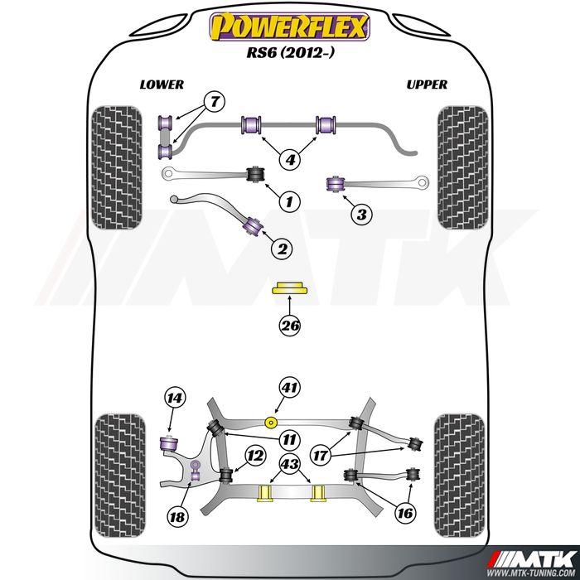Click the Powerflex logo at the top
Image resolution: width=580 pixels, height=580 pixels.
coord(290,27)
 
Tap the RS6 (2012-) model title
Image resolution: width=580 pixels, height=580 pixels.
coord(290,52)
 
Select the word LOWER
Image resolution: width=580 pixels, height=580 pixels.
coord(162,85)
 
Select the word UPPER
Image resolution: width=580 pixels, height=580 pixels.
coord(427,85)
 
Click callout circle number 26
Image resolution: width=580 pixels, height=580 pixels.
coord(290,326)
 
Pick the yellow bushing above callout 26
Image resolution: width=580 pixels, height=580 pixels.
coord(290,288)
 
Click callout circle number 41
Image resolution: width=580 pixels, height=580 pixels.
coord(289,388)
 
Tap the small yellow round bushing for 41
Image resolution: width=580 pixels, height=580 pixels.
coord(272,423)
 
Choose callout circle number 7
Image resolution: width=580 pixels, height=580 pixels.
coord(215,102)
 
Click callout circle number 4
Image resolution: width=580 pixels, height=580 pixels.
coord(290,160)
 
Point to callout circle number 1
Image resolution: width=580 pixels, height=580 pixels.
coord(289,201)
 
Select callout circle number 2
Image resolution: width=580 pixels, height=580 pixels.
coord(282,249)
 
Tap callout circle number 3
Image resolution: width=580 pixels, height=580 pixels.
coord(361,214)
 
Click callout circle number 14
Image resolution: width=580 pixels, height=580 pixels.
coord(175,398)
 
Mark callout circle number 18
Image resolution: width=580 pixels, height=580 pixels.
coord(177,516)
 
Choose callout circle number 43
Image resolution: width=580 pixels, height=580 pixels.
coord(290,464)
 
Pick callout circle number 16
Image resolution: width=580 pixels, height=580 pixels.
coord(405,513)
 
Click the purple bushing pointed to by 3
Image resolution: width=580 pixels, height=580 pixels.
coord(335,184)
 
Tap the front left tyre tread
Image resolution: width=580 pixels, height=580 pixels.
coord(117,167)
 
